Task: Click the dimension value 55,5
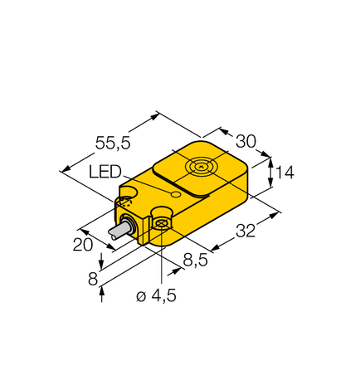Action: click(x=111, y=143)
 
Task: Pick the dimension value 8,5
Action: click(x=196, y=259)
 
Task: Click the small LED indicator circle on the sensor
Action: click(x=174, y=193)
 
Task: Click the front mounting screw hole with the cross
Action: click(x=163, y=225)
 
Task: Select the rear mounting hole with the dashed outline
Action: click(x=126, y=200)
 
